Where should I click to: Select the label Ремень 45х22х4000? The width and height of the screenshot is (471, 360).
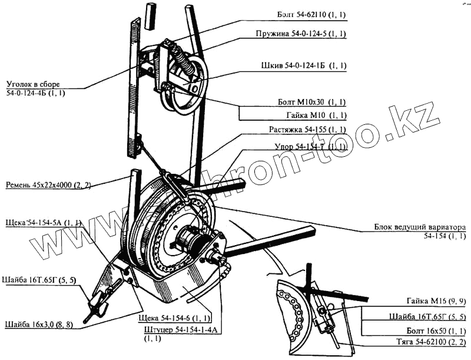pos(47,185)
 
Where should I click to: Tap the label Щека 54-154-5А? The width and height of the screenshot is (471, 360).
pos(42,223)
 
